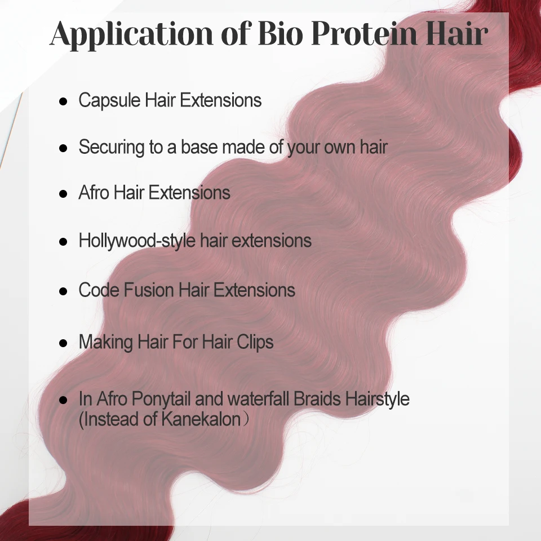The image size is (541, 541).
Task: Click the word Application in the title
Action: pos(132,34)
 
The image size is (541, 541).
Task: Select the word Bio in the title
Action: pos(281,33)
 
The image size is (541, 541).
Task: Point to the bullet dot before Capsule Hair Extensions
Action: pos(63,101)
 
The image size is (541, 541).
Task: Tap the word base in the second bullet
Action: pos(199,147)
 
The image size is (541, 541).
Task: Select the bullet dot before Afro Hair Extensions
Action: pos(63,193)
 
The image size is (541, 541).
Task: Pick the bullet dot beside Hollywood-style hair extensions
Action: pos(63,242)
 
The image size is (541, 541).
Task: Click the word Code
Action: pos(99,290)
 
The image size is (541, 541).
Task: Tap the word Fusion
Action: pos(149,290)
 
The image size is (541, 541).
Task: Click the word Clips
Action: pos(255,342)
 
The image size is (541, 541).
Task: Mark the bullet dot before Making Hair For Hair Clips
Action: pos(63,343)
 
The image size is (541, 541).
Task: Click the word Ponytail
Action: pos(161,399)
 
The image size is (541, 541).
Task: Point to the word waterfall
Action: pos(259,398)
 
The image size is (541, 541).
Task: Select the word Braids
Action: pos(317,398)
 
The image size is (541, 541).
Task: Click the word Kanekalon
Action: pos(201,419)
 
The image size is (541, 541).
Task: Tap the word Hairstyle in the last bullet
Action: pos(378,399)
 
